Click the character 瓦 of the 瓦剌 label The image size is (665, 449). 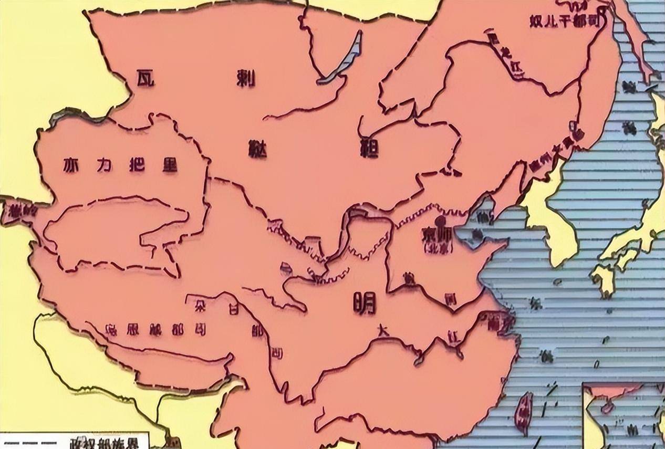coord(143,78)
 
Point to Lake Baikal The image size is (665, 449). coord(344,57)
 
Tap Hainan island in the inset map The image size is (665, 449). coord(609,408)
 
